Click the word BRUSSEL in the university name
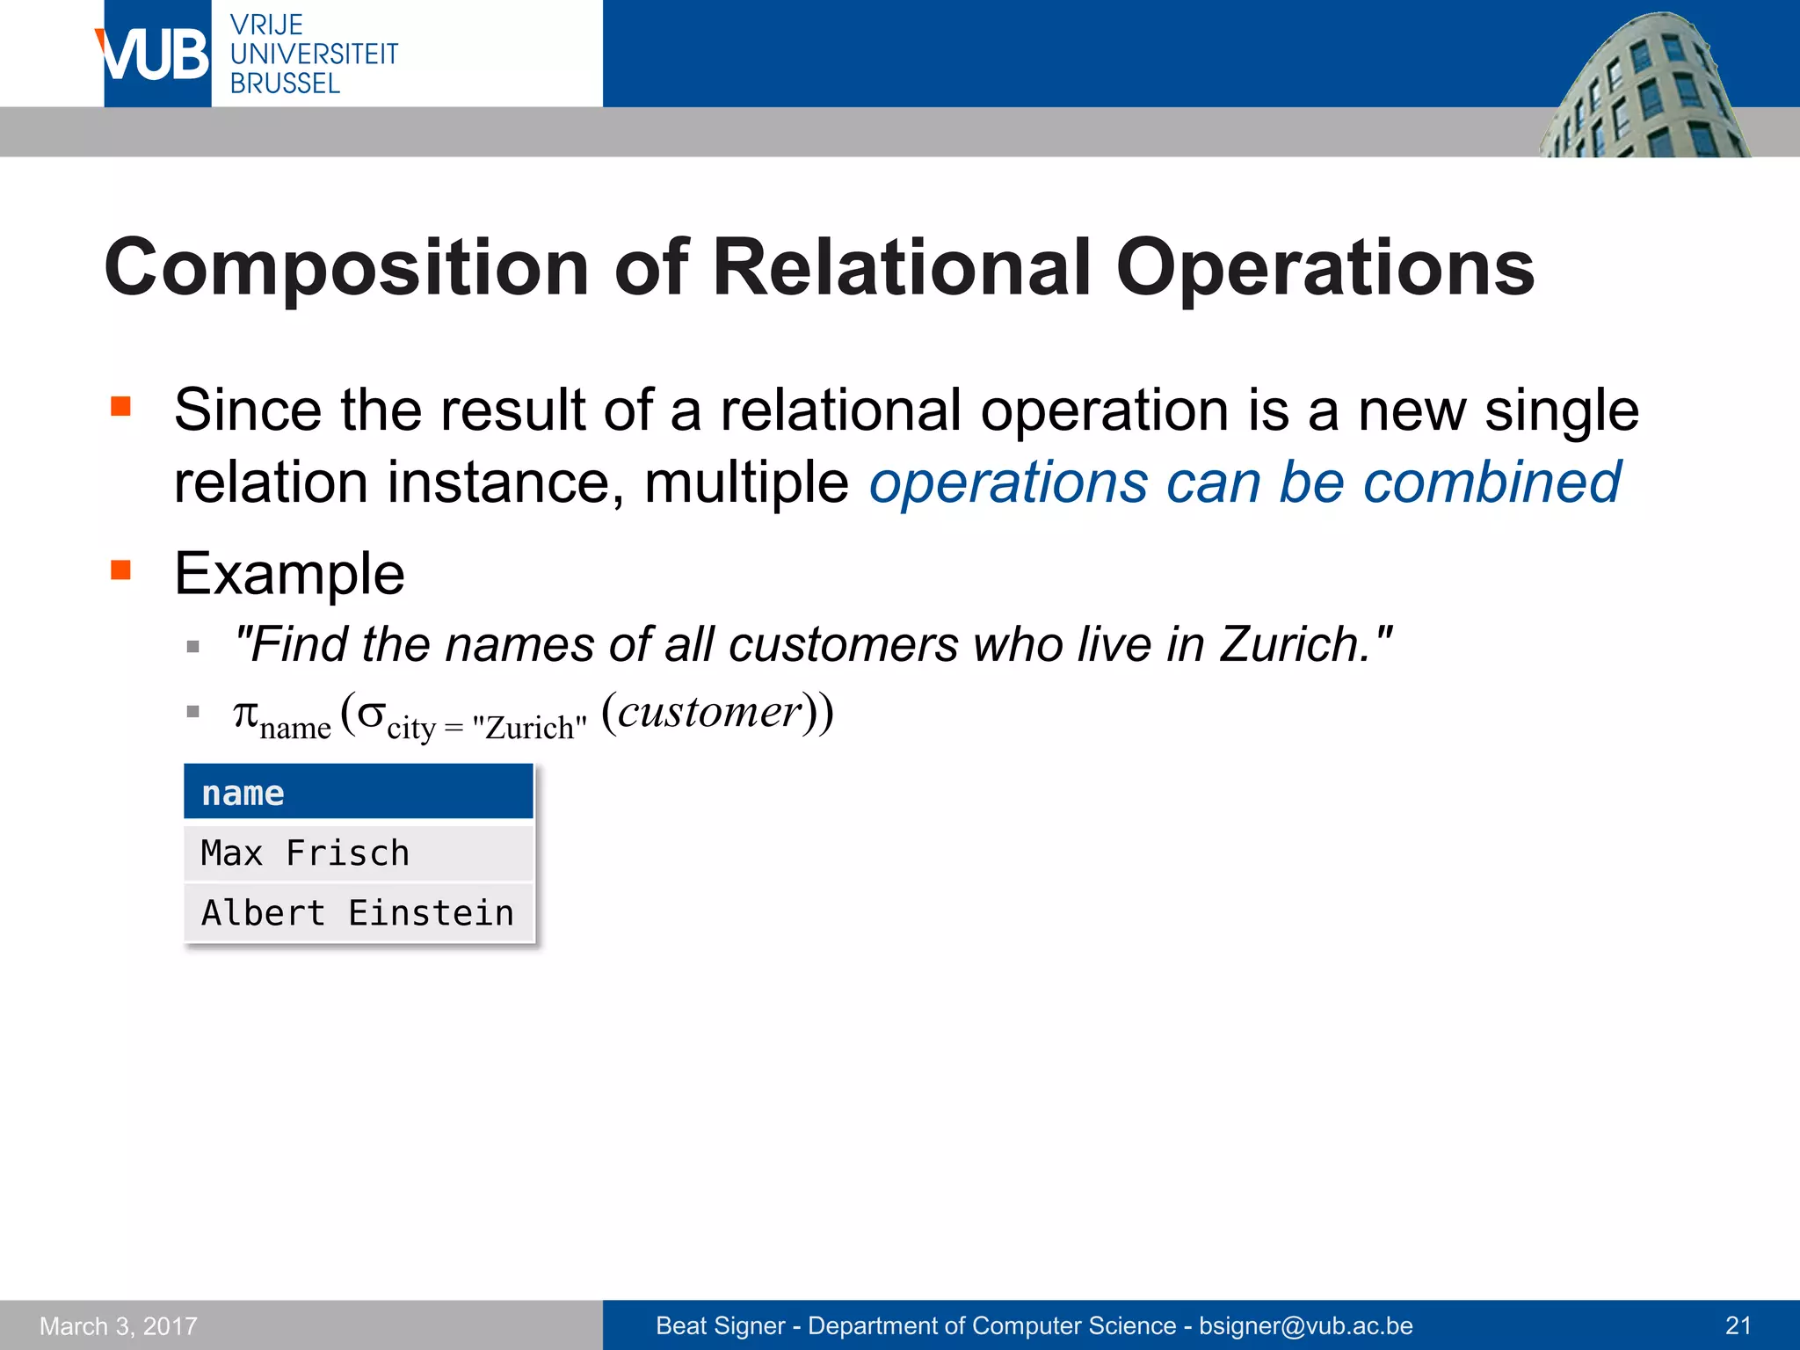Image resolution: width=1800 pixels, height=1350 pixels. coord(285,84)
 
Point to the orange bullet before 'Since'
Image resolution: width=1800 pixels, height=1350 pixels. coord(120,406)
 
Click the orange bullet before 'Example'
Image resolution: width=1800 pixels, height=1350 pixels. coord(120,570)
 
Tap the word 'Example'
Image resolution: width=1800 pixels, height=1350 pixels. coord(289,574)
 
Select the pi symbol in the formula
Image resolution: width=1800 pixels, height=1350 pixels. coord(245,714)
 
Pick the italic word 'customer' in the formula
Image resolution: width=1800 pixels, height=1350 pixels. coord(709,712)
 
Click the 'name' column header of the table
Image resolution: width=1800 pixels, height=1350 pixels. coord(359,793)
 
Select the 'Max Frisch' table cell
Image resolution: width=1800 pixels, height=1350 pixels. coord(359,853)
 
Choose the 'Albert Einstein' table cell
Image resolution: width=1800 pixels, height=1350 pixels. coord(359,913)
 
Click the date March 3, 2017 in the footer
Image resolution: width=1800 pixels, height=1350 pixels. coord(119,1325)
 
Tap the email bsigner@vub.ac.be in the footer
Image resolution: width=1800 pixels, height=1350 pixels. coord(1306,1325)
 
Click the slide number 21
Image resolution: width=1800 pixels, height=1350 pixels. coord(1738,1325)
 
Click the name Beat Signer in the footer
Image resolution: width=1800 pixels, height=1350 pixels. coord(720,1325)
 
